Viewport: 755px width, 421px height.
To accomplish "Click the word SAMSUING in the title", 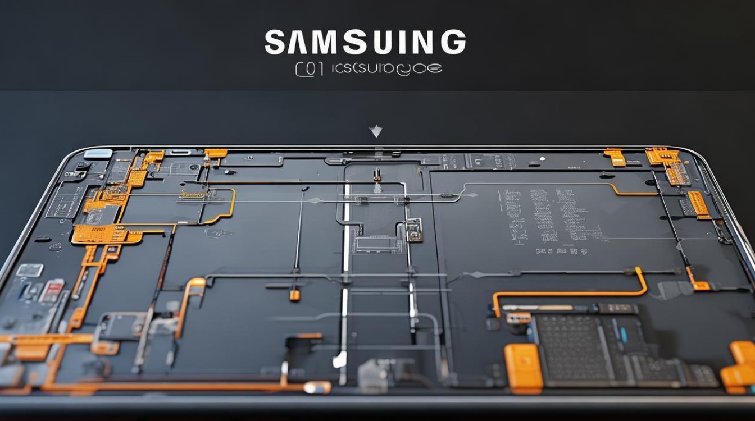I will tap(365, 43).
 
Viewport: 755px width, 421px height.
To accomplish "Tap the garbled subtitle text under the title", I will tap(386, 69).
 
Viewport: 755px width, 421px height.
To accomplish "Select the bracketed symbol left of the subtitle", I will tap(309, 69).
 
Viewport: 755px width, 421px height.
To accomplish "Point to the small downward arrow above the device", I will tap(375, 132).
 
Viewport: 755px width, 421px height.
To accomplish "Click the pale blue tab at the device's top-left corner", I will tap(98, 153).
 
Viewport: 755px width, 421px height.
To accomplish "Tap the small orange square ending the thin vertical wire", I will tap(294, 295).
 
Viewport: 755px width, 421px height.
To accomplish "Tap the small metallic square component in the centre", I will tap(414, 230).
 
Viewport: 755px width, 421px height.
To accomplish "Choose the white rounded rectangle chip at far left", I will tap(29, 270).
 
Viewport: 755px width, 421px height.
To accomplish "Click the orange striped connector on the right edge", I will tap(699, 204).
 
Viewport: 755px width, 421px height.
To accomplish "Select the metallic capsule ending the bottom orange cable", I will tap(317, 387).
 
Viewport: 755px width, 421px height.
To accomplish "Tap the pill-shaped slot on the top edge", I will tap(181, 152).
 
